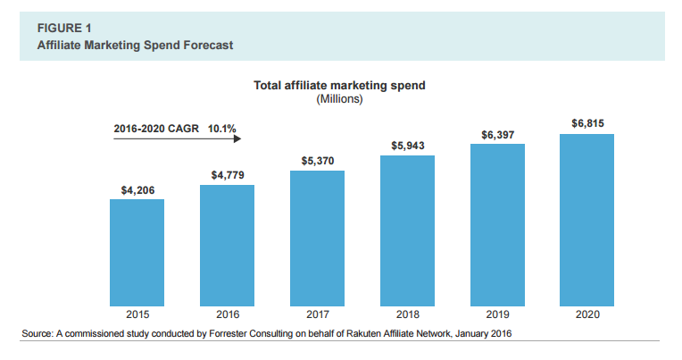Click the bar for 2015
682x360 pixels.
137,251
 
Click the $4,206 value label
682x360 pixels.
137,189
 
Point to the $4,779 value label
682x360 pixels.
227,175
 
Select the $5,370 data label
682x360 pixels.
317,161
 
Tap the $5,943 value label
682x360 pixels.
407,146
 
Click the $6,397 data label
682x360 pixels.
497,134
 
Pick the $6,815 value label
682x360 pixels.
586,122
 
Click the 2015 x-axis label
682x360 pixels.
137,314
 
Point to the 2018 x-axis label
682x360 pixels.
407,314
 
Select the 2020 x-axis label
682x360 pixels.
586,314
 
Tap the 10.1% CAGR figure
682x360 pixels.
222,129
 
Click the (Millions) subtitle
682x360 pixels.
339,98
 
